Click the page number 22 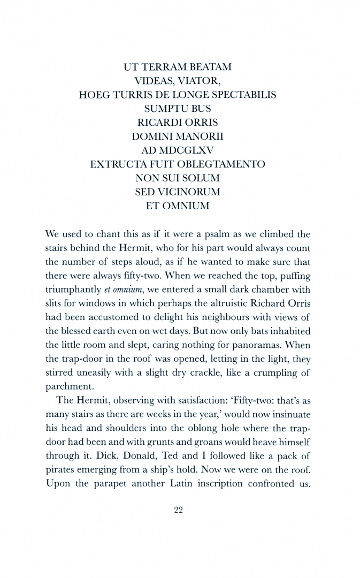[179, 510]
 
